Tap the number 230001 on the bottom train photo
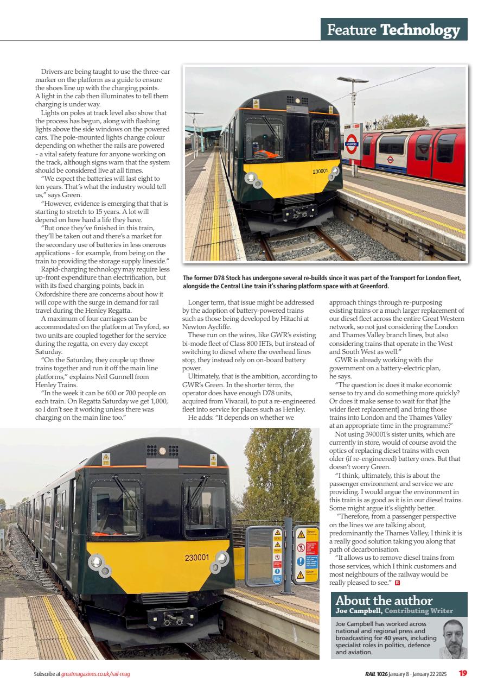coord(196,558)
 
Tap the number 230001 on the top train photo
coord(320,172)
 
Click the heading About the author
coord(384,601)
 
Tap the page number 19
coord(463,674)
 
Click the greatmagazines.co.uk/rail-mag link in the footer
coord(95,674)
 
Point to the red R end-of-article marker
coord(397,583)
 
